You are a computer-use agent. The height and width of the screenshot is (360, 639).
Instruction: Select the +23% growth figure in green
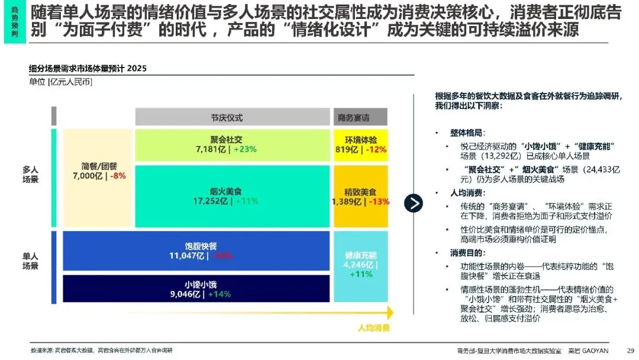(244, 150)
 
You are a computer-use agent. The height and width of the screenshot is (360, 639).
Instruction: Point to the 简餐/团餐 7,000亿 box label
(98, 171)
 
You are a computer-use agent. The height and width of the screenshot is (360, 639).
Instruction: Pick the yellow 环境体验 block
(361, 144)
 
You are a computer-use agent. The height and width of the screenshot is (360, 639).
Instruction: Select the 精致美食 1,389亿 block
(361, 197)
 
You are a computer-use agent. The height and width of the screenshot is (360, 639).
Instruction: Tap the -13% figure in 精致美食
(379, 202)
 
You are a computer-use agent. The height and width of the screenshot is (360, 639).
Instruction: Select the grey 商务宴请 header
(353, 117)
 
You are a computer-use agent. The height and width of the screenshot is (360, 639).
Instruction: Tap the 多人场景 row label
(30, 174)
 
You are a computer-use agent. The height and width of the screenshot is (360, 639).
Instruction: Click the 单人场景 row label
(30, 261)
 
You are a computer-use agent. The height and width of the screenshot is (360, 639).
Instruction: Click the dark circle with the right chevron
(414, 203)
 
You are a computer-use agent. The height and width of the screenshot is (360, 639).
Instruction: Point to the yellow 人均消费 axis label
(373, 327)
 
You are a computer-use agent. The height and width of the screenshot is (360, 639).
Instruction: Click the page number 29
(630, 350)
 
